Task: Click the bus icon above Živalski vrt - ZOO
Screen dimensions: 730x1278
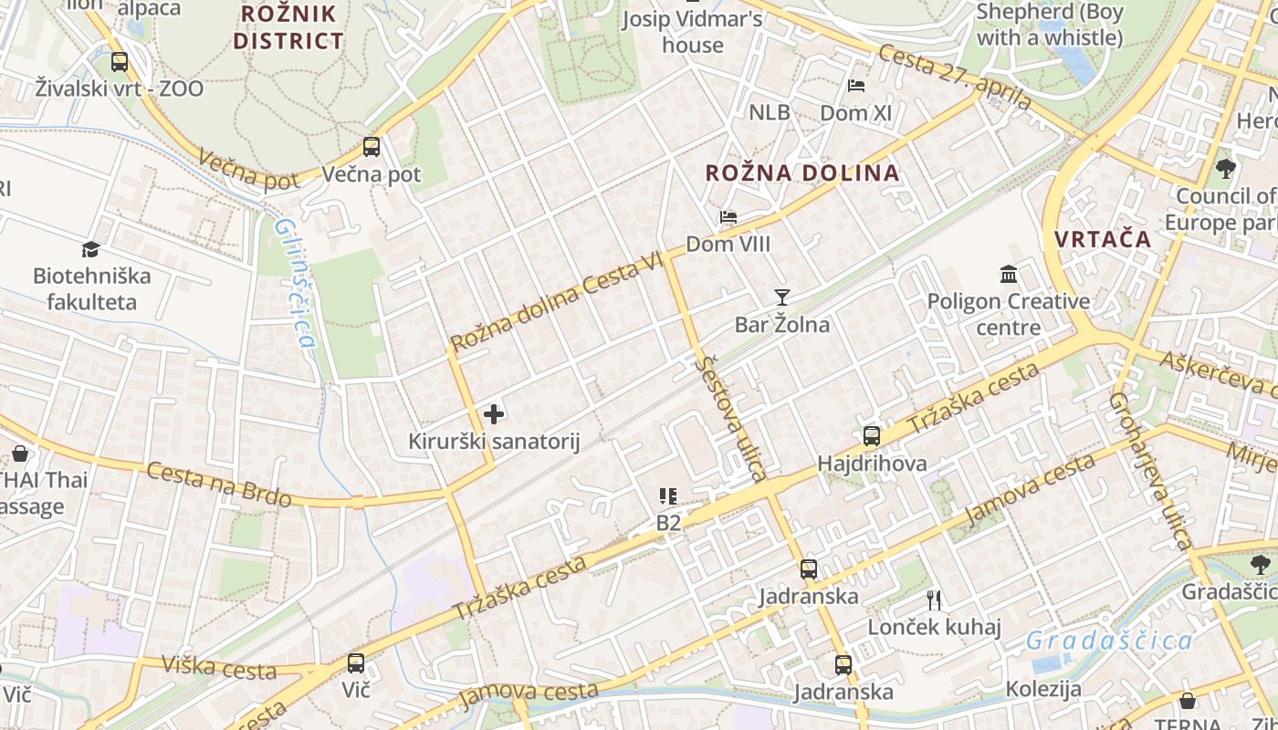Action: click(120, 62)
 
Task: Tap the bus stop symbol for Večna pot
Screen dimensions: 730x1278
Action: click(371, 146)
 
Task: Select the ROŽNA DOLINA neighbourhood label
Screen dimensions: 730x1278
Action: click(802, 172)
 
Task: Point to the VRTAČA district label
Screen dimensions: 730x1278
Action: click(1103, 239)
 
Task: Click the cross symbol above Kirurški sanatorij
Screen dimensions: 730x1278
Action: click(494, 414)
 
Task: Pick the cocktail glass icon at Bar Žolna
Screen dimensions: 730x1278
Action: click(781, 297)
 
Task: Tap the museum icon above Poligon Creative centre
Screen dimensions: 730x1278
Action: click(1009, 274)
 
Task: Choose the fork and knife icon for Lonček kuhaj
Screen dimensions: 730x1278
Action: click(933, 600)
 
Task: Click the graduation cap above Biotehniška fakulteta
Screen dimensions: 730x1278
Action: click(90, 249)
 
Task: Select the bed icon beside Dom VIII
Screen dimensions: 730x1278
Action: click(728, 217)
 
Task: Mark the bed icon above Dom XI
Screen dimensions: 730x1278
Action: click(855, 86)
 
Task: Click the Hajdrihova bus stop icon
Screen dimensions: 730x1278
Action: click(872, 435)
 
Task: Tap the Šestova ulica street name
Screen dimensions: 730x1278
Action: click(730, 418)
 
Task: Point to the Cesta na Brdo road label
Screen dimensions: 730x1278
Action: click(219, 485)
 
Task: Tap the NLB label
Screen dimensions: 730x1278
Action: click(769, 112)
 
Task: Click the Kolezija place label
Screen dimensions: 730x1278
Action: click(1043, 689)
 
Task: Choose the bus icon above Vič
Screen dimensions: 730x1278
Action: click(356, 662)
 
